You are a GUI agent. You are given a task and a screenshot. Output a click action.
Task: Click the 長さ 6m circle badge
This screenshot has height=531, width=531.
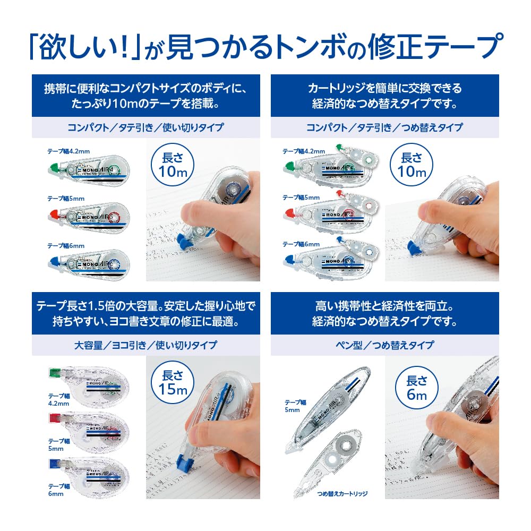click(x=417, y=388)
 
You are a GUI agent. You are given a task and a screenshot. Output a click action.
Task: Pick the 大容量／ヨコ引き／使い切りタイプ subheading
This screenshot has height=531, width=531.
click(x=145, y=345)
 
